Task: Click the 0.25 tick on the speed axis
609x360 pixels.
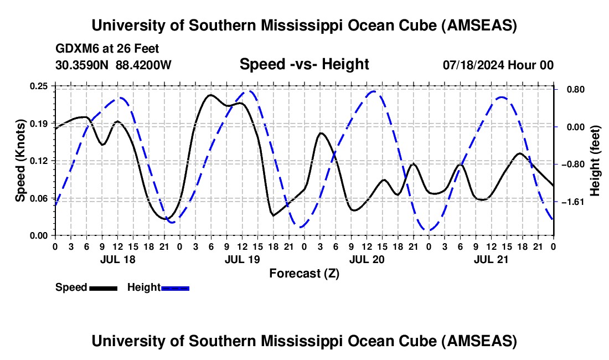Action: coord(39,86)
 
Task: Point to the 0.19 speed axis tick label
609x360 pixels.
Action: coord(39,123)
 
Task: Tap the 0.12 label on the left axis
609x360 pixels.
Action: coord(39,161)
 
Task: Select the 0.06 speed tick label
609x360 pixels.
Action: coord(39,198)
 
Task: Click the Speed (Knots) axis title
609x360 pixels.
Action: coord(20,161)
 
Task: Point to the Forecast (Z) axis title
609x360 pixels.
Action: coord(304,273)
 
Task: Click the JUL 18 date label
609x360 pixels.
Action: coord(117,259)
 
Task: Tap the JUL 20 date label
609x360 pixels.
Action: coord(367,259)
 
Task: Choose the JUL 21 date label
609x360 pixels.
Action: coord(491,259)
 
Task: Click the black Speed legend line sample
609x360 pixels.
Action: coord(103,287)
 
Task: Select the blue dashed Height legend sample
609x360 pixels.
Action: coord(176,287)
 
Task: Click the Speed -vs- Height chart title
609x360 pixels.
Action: coord(304,64)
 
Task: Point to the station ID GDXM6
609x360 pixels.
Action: coord(75,49)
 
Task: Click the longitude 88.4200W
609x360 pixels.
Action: coord(143,65)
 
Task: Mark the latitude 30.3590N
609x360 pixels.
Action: coord(82,65)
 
